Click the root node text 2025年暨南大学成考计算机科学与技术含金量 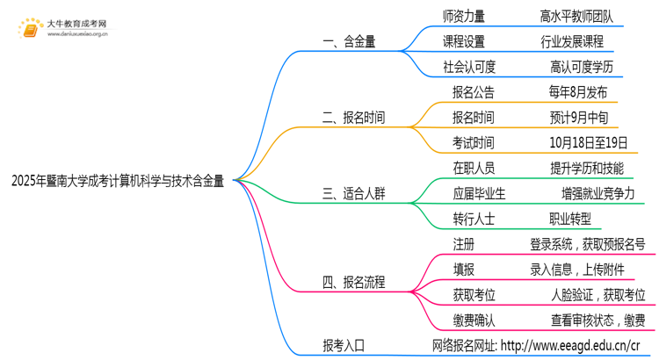click(117, 182)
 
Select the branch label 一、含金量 click(348, 41)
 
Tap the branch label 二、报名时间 click(354, 117)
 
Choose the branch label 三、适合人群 click(354, 192)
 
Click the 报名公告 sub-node click(473, 92)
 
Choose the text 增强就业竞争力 click(597, 192)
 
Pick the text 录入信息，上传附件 click(581, 269)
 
